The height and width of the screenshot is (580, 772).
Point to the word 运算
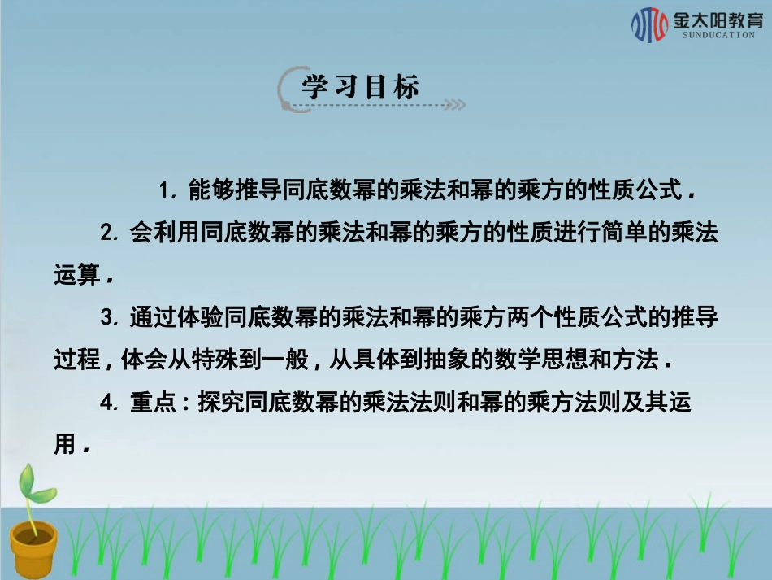pyautogui.click(x=76, y=276)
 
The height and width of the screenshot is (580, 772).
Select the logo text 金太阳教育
pyautogui.click(x=714, y=20)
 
